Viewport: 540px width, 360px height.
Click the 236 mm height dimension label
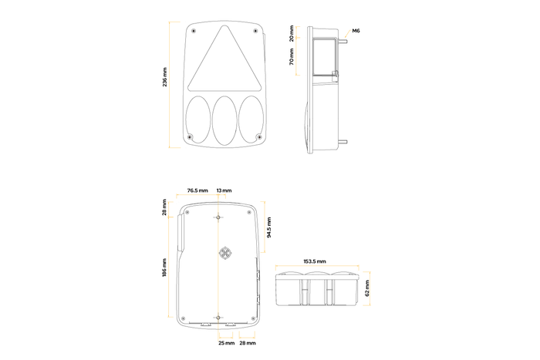(x=164, y=77)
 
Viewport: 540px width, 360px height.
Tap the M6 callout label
(x=356, y=31)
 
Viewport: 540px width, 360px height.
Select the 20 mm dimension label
(x=292, y=33)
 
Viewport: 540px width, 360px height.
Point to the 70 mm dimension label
(x=292, y=57)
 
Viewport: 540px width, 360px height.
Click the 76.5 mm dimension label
(x=197, y=190)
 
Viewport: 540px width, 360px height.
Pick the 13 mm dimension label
(x=224, y=190)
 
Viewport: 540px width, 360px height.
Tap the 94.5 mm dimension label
(x=269, y=227)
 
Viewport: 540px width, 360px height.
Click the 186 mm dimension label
(x=164, y=267)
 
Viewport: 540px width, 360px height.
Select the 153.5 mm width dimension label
(x=315, y=261)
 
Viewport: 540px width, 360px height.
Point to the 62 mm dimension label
(x=366, y=288)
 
